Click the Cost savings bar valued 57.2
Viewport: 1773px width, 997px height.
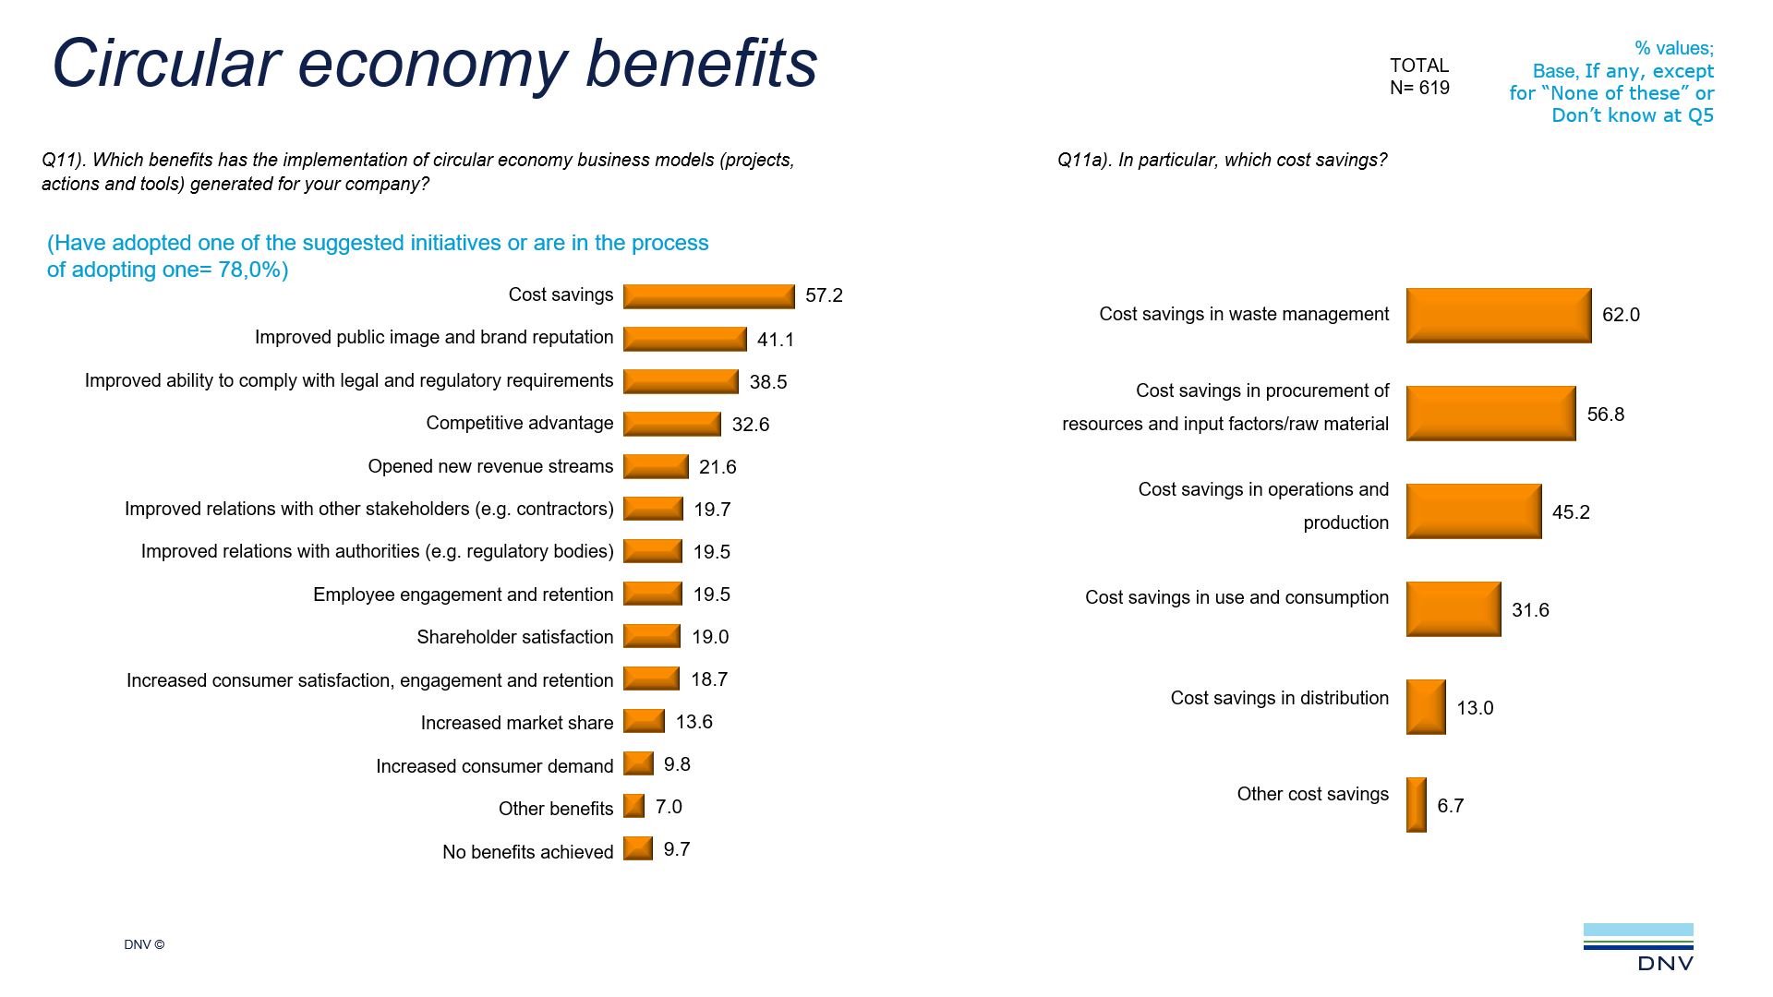point(708,296)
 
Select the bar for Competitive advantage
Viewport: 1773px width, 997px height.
point(671,424)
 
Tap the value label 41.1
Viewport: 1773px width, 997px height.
point(775,340)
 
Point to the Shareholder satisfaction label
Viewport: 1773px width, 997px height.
point(514,637)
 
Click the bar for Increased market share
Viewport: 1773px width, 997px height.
point(644,721)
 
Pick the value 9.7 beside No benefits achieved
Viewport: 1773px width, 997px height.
point(676,849)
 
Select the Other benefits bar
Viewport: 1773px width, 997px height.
point(633,806)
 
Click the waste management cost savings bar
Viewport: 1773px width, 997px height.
point(1498,316)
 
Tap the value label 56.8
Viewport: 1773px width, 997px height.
point(1605,414)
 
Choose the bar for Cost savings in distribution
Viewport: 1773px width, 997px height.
point(1425,707)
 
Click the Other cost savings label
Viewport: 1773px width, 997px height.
point(1312,794)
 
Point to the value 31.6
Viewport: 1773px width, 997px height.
point(1529,610)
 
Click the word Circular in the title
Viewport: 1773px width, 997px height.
point(165,64)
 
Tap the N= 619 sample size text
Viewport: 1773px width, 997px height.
point(1419,88)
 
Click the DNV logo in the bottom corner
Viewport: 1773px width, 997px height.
point(1639,947)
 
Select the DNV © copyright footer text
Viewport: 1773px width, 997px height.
point(144,944)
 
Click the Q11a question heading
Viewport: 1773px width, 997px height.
point(1222,160)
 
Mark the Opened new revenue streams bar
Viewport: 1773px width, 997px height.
point(656,466)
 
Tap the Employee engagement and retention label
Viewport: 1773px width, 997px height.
point(463,595)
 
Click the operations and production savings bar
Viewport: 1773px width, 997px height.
point(1473,511)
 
